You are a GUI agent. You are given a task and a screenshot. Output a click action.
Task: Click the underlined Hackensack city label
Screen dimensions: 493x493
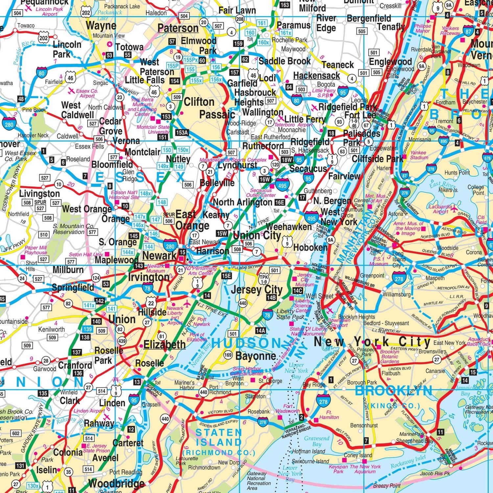coord(316,76)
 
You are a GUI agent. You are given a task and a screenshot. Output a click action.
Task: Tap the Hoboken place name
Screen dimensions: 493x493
coord(310,247)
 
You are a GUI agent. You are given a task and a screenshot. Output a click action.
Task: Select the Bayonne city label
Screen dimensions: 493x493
coord(256,356)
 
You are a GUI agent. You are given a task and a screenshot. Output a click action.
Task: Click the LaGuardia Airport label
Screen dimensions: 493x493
coord(440,209)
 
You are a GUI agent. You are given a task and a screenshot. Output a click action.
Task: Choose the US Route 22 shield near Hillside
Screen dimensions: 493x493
coord(151,303)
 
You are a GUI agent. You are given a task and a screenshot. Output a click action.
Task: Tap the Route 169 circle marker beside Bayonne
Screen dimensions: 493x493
coord(228,355)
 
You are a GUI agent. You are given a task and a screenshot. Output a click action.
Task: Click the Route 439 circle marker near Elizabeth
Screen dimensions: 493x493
coord(122,341)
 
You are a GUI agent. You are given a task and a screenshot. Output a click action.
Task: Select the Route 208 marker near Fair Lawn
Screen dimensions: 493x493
coord(240,19)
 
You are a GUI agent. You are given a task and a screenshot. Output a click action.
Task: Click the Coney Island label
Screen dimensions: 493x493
coord(358,455)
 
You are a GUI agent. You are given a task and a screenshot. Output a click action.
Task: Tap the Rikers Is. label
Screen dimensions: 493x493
coord(448,190)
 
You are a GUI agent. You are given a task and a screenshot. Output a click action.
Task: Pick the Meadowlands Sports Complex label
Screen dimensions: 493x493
coord(233,160)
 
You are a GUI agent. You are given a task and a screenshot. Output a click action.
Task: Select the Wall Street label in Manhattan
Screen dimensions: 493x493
coord(319,296)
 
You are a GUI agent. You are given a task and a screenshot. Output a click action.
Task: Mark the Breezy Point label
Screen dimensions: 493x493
coord(387,485)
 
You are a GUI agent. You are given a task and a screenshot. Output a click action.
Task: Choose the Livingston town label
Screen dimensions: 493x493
coord(39,194)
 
